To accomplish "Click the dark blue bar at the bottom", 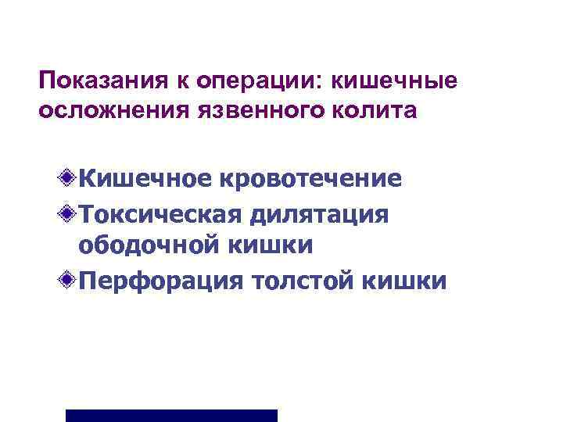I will (171, 415).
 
